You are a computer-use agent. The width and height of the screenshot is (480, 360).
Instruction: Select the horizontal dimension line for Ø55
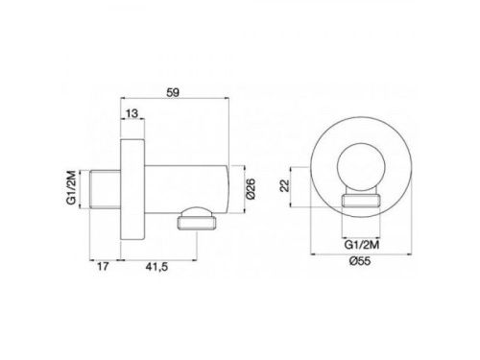click(x=362, y=254)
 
